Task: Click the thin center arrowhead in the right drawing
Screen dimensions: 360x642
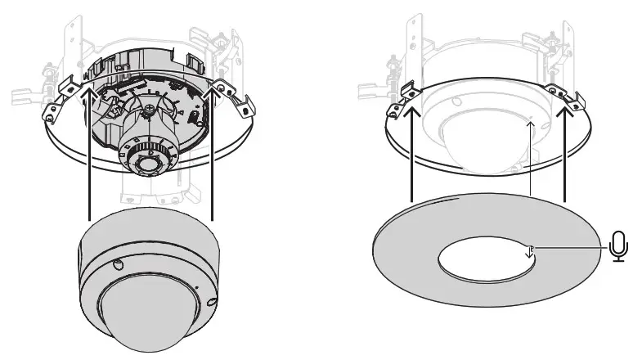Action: tap(531, 124)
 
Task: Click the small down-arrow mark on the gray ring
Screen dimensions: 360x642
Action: tap(530, 250)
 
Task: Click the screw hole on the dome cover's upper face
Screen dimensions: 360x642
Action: tap(117, 263)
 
